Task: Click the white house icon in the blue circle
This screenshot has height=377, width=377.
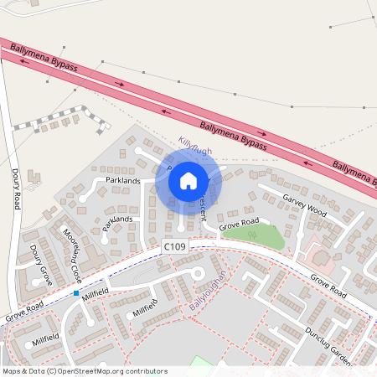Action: tap(188, 180)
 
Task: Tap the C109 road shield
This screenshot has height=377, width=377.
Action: tap(175, 247)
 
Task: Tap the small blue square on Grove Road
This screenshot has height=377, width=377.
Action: tap(76, 294)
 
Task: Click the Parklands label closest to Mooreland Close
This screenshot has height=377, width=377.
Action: tap(117, 223)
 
